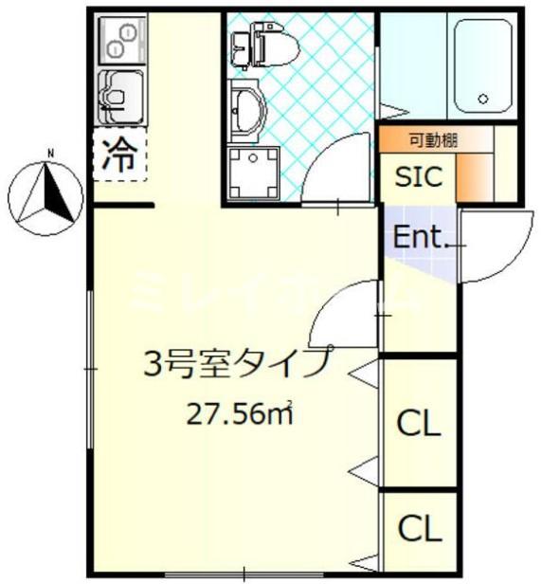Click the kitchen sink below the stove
(x=119, y=95)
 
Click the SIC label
(x=417, y=176)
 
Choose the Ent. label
(x=419, y=238)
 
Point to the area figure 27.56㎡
(x=243, y=412)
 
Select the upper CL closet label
(x=418, y=424)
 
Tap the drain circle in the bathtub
(x=482, y=98)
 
